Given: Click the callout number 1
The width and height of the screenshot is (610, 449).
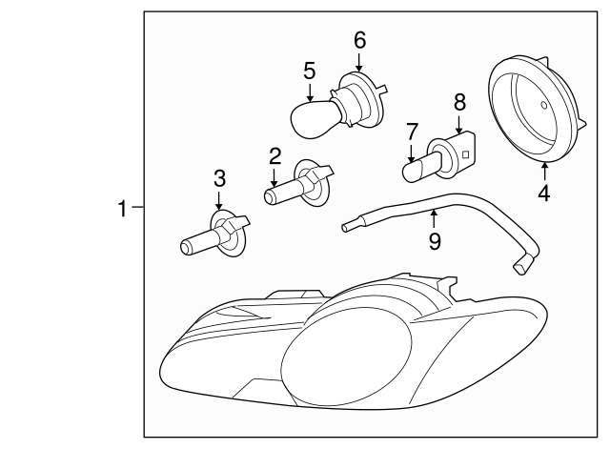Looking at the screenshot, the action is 123,209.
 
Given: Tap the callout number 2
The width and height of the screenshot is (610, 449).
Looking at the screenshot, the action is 274,156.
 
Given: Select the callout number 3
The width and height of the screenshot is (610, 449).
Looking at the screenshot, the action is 219,178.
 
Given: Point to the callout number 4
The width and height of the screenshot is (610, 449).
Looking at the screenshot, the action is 544,193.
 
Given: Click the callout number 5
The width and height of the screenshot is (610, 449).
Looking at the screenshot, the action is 309,71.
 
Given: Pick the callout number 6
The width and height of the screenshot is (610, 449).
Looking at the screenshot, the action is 360,40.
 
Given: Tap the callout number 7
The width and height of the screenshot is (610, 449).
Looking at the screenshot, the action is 412,132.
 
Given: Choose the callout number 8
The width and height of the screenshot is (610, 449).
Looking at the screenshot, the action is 459,103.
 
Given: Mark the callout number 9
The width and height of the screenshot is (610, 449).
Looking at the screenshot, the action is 435,241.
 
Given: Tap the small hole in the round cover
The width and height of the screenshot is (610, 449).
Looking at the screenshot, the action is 544,105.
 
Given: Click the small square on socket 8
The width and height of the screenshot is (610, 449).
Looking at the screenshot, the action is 466,154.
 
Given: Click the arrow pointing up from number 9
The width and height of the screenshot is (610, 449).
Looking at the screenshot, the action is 434,218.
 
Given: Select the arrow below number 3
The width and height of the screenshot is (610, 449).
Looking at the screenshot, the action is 219,201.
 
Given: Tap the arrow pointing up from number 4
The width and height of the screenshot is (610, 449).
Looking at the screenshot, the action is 544,172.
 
